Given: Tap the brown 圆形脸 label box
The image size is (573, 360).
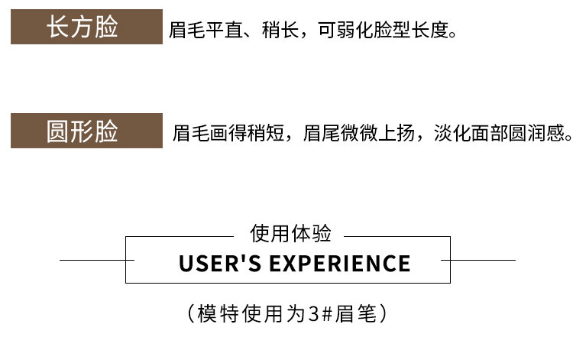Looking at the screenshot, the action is pyautogui.click(x=86, y=130).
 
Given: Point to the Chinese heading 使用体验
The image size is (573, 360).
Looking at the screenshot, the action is pyautogui.click(x=286, y=234).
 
